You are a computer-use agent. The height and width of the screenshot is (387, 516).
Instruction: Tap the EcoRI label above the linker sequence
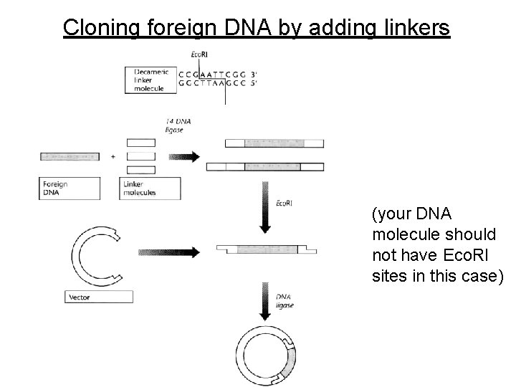(x=201, y=55)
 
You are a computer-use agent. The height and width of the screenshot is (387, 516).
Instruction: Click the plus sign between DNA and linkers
(x=113, y=156)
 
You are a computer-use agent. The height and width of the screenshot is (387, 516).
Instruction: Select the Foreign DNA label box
(x=70, y=188)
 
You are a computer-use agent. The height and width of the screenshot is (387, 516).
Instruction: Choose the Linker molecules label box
(x=149, y=188)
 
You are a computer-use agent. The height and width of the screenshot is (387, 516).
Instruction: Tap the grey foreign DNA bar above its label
(x=70, y=156)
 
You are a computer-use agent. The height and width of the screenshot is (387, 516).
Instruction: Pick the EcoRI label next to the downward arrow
(x=284, y=204)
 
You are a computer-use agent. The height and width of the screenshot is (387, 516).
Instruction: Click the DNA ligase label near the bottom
(x=285, y=301)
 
